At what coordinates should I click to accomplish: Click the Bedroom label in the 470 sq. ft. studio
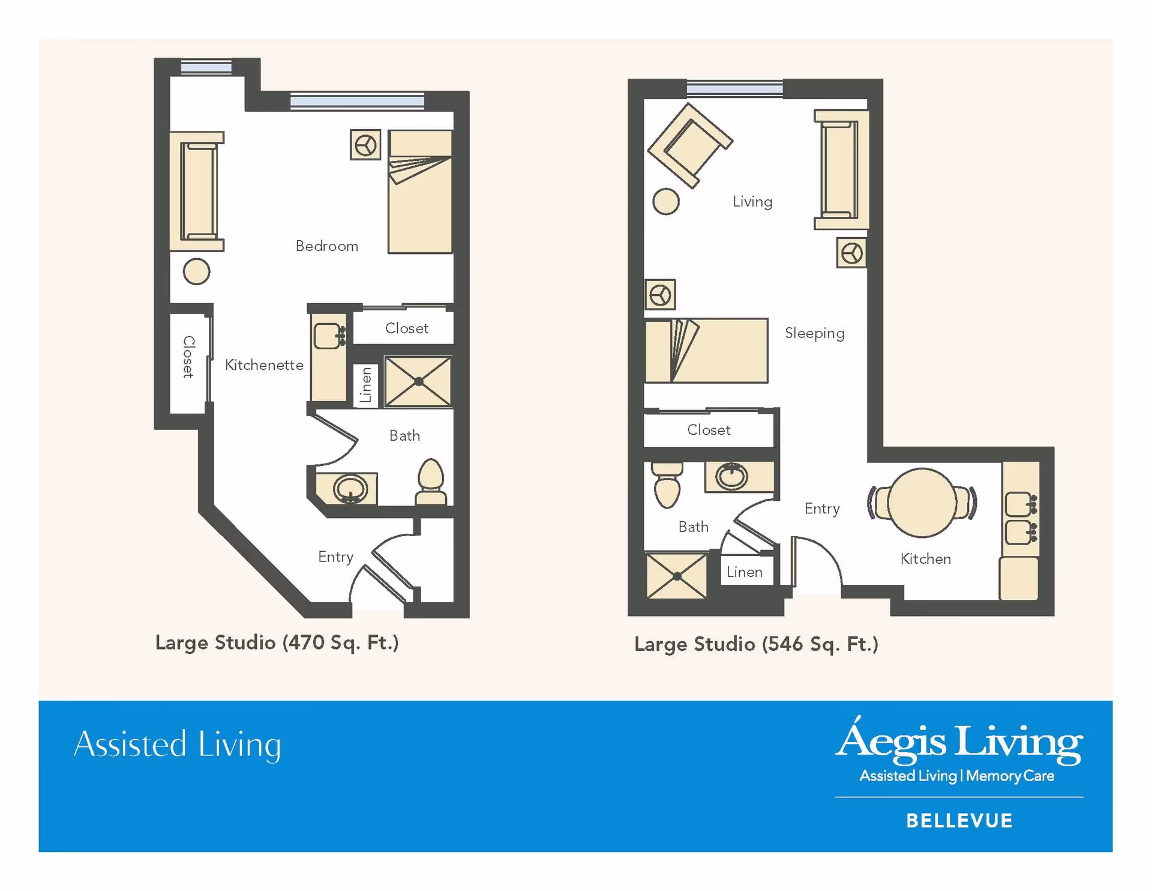326,246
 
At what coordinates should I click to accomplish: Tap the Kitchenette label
264,365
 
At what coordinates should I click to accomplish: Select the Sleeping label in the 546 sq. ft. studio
814,333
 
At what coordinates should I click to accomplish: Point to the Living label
752,202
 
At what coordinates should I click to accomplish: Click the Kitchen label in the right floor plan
925,559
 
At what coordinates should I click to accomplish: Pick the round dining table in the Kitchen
922,503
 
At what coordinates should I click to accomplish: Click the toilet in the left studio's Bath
431,482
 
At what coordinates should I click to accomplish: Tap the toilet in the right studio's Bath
667,485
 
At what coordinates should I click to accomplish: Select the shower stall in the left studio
418,381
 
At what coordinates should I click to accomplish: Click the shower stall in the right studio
677,576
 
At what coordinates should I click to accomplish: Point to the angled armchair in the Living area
690,145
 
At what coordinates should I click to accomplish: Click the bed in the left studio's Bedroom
420,192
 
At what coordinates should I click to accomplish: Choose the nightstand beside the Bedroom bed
365,145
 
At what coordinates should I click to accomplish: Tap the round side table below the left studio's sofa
196,271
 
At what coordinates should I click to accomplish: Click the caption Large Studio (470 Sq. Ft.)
277,643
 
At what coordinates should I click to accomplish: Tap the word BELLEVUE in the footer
959,821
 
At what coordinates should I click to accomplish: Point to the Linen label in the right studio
745,572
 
